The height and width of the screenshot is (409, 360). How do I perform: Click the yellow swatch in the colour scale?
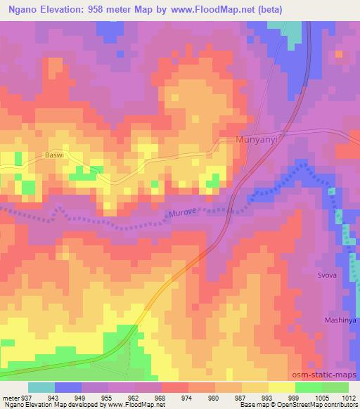coord(281,387)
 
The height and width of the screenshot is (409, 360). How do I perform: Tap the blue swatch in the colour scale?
coord(68,387)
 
